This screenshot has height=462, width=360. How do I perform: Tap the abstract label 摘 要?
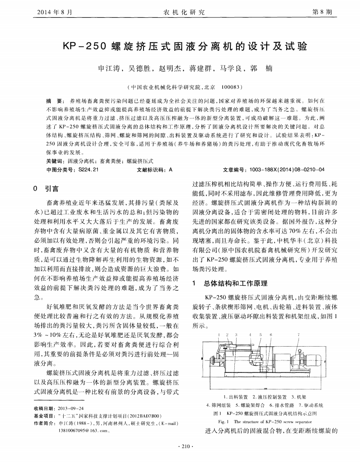coord(54,102)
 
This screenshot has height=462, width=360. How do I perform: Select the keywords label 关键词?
coord(55,161)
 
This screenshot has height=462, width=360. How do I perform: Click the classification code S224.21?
coord(88,169)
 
